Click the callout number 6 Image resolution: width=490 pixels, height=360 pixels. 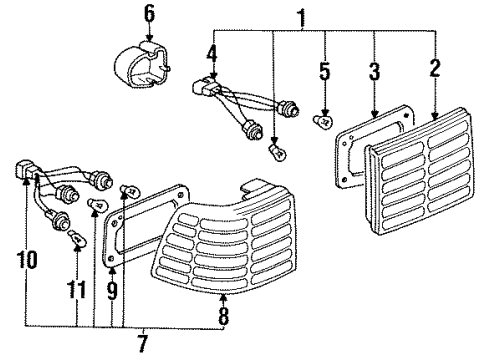point(149,14)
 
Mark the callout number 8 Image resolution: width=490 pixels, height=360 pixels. point(222,318)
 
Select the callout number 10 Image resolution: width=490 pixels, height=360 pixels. point(31,262)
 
